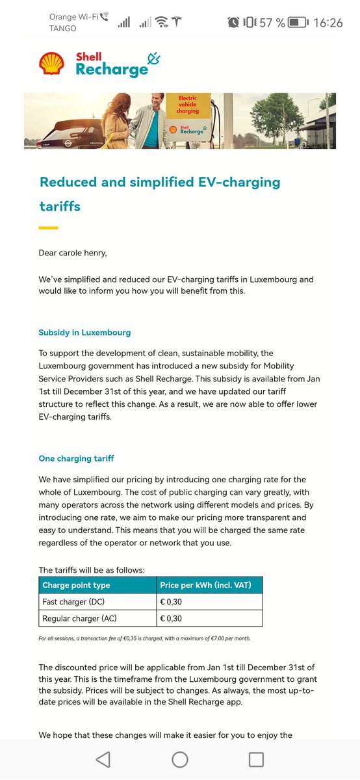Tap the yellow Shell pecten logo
(x=51, y=64)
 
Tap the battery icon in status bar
(x=298, y=22)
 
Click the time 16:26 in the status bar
(x=328, y=22)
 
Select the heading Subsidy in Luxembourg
(x=84, y=332)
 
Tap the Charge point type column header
(x=76, y=585)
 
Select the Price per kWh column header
(x=205, y=585)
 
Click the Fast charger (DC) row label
(x=73, y=601)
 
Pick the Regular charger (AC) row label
(x=79, y=617)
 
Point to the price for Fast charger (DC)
(x=172, y=601)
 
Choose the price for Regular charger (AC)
(x=172, y=617)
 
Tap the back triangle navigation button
(x=103, y=759)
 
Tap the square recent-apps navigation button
(x=256, y=759)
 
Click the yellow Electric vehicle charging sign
(x=187, y=106)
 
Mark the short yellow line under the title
(x=48, y=227)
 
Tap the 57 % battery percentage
(x=272, y=22)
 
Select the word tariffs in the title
(x=60, y=207)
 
